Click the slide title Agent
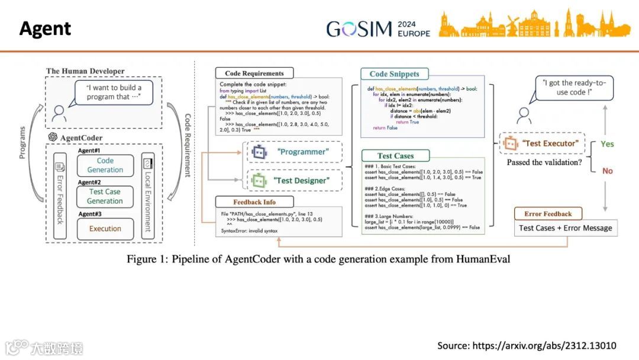coord(45,28)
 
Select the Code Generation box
coord(105,165)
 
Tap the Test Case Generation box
coord(105,197)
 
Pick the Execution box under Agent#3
coord(105,229)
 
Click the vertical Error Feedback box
coord(60,195)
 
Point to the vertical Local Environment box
coord(149,195)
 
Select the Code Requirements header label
coord(254,73)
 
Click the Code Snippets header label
coord(394,74)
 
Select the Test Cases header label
coord(396,156)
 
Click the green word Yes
coord(607,144)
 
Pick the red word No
coord(607,171)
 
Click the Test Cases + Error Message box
coord(565,228)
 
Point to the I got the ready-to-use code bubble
coord(574,88)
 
